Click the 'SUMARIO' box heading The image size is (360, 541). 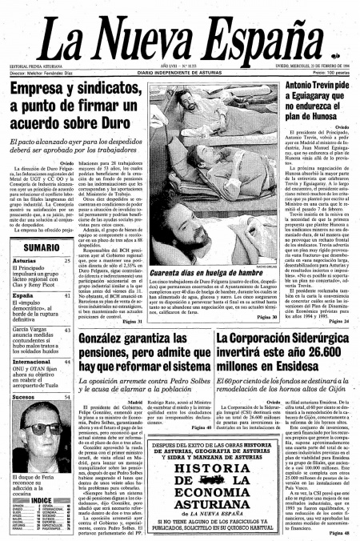point(34,249)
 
